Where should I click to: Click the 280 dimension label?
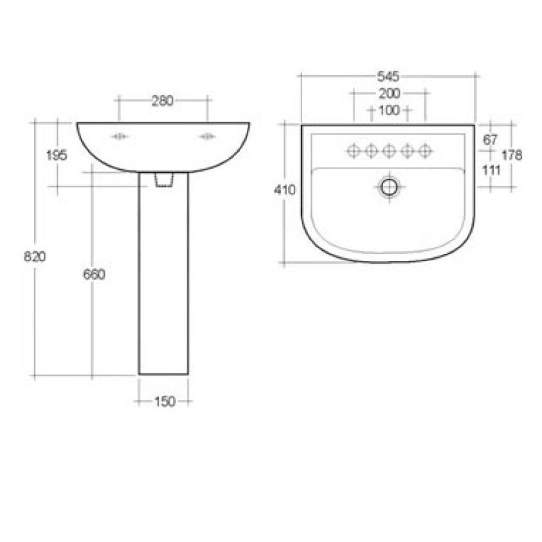tap(162, 100)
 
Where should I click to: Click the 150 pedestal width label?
tap(163, 402)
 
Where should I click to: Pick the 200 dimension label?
tap(388, 93)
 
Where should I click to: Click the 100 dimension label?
tap(388, 111)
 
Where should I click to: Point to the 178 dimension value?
tap(512, 155)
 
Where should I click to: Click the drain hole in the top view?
tap(388, 187)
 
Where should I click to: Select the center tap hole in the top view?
tap(388, 150)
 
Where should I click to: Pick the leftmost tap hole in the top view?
tap(353, 150)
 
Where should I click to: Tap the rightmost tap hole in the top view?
tap(424, 150)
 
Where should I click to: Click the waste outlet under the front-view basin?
tap(164, 180)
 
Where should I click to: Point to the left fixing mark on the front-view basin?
tap(120, 136)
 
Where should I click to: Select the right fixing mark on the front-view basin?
tap(207, 136)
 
